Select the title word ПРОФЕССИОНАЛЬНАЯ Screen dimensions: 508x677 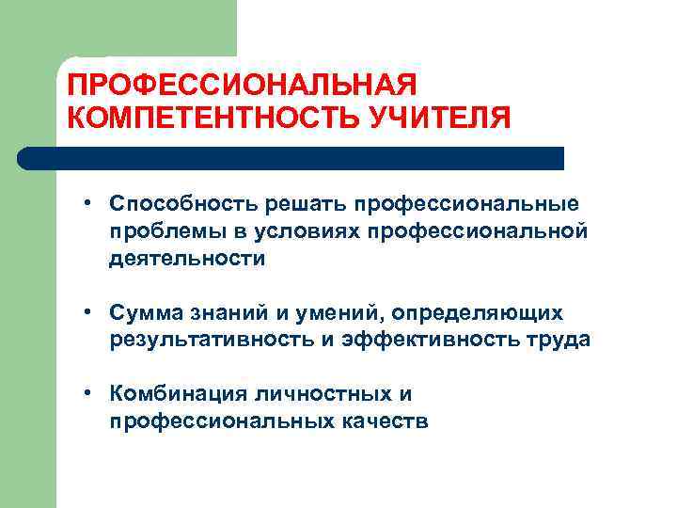point(242,86)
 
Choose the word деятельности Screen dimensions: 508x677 point(187,259)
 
